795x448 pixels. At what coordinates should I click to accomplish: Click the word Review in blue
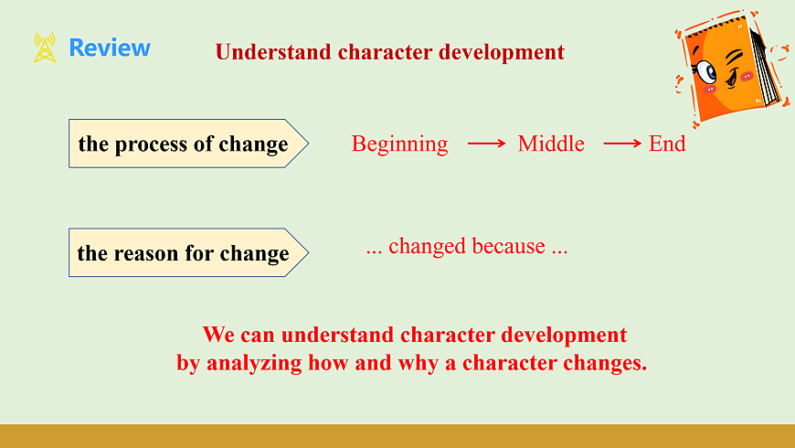[x=110, y=48]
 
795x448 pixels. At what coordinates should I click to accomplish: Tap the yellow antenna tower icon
[x=45, y=48]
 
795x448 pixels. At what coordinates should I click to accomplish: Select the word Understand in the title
[x=273, y=52]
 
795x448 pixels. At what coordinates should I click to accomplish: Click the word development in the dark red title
[x=502, y=53]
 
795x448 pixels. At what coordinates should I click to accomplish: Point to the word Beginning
[x=400, y=144]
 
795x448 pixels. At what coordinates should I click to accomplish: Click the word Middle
[x=551, y=144]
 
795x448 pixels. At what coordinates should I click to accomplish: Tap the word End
[x=667, y=144]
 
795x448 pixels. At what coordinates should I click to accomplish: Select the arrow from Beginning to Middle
[x=487, y=144]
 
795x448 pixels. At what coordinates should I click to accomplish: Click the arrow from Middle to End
[x=622, y=144]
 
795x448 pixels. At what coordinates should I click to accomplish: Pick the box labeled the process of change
[x=188, y=144]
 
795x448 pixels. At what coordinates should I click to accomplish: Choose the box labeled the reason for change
[x=188, y=252]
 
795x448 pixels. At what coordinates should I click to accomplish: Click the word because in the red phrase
[x=509, y=246]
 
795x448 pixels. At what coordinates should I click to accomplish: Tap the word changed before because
[x=427, y=247]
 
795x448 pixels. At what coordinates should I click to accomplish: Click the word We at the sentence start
[x=218, y=335]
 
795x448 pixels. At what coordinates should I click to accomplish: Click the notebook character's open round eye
[x=706, y=72]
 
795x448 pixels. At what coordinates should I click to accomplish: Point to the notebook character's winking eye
[x=736, y=57]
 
